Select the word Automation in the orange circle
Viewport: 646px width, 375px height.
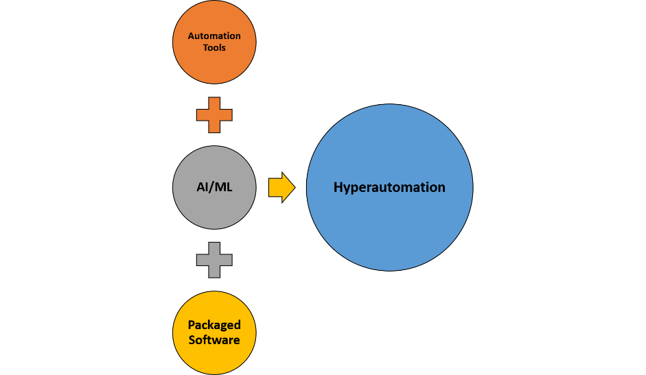(x=214, y=36)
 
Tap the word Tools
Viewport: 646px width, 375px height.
(x=214, y=48)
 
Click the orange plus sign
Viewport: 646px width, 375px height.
(x=214, y=115)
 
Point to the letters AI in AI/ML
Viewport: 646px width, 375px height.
(x=200, y=187)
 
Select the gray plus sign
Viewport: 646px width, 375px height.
(x=214, y=260)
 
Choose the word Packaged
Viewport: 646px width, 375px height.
(x=214, y=326)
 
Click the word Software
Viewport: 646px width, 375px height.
(x=214, y=340)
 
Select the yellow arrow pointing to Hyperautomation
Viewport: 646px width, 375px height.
(x=280, y=187)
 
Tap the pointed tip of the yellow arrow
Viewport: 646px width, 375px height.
(x=293, y=187)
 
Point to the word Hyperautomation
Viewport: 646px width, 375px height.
(x=389, y=187)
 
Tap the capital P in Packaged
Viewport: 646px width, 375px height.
(x=192, y=326)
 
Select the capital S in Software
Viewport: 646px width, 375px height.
(x=192, y=340)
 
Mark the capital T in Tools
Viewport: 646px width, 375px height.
(x=205, y=48)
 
